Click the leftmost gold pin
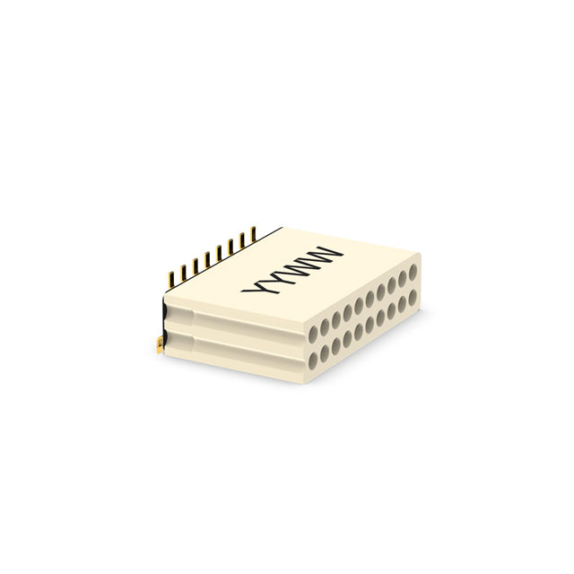[x=170, y=280]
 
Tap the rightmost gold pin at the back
[x=253, y=234]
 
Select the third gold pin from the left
[x=196, y=266]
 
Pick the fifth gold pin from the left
[x=219, y=253]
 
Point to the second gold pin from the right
[x=242, y=240]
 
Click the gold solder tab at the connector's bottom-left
[x=160, y=346]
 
